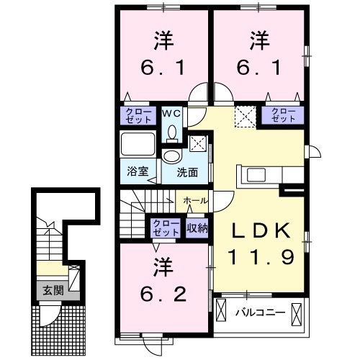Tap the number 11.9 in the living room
261,256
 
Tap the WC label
173,113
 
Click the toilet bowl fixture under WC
173,131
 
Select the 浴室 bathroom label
137,171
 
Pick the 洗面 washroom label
188,173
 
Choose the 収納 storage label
197,228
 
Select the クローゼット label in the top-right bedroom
283,114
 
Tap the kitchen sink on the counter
257,175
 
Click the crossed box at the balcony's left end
222,312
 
